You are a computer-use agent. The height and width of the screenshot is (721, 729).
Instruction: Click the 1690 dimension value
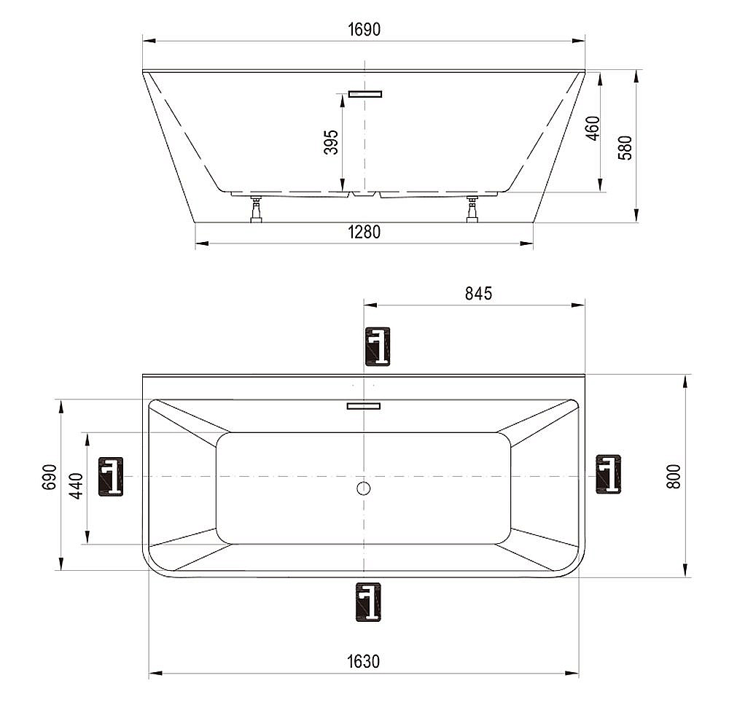click(364, 30)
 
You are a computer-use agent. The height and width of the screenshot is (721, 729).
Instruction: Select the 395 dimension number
click(331, 143)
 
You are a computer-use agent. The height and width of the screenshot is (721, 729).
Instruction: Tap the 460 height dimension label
click(593, 128)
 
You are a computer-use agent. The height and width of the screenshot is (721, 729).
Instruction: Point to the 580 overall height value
click(625, 147)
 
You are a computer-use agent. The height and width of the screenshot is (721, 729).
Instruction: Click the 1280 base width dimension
click(364, 233)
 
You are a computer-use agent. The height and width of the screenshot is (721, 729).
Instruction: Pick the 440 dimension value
click(77, 484)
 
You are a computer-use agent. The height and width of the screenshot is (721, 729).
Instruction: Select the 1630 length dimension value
click(363, 662)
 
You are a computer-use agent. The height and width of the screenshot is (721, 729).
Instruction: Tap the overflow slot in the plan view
click(364, 406)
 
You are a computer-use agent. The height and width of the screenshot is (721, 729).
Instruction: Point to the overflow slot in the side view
click(364, 93)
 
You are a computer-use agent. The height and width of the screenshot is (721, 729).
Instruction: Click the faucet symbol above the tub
click(377, 346)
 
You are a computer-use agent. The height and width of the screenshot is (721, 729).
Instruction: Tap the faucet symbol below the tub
click(367, 602)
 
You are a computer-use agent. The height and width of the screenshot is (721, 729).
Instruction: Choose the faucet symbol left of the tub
click(111, 476)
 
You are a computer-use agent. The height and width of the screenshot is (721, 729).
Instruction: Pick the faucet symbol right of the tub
click(608, 474)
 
